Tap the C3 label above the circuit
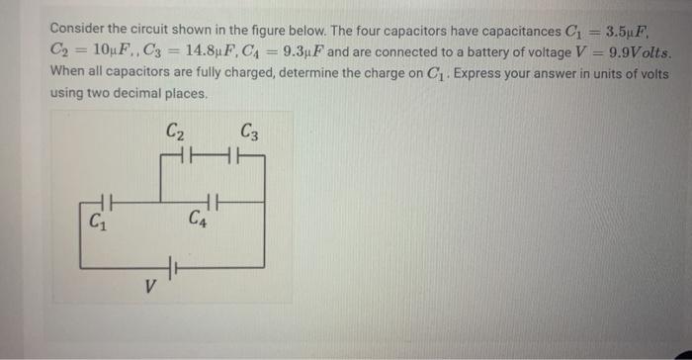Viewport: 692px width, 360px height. [x=250, y=130]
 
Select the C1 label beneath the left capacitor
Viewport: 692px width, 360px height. [x=96, y=222]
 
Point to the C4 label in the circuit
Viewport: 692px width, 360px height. [x=197, y=219]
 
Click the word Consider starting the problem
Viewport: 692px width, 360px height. [x=77, y=28]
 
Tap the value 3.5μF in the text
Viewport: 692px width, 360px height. [x=649, y=28]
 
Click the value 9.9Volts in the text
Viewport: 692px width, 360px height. [x=640, y=50]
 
